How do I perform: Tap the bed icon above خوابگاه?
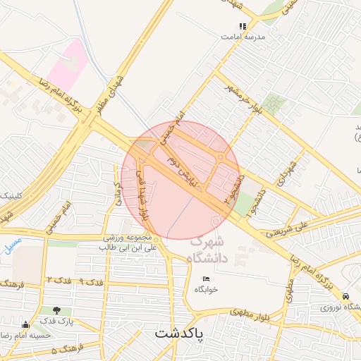[206, 279]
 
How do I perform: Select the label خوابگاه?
[206, 289]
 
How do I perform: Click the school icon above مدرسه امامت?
[243, 26]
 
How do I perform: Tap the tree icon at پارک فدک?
[56, 310]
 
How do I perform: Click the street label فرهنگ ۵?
[68, 348]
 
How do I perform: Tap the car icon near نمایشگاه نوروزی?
[345, 296]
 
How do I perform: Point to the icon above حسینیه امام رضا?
[26, 325]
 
